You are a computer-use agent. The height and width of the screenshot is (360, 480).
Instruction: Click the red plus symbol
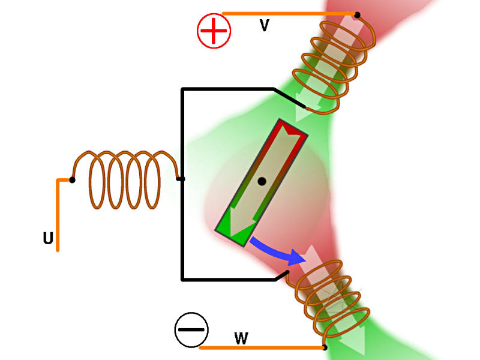coord(214,31)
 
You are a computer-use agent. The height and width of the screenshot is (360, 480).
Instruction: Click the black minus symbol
coord(191,329)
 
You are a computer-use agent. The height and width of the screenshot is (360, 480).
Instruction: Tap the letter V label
coord(264,25)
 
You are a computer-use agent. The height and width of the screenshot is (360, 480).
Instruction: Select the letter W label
coord(241,338)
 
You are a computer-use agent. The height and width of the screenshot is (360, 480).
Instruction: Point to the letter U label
coord(48,238)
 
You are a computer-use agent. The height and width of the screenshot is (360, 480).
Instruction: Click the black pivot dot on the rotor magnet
coord(262,182)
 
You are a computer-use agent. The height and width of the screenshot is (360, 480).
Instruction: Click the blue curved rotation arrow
coord(277,250)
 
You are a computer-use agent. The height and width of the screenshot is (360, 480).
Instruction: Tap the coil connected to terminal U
coord(125,179)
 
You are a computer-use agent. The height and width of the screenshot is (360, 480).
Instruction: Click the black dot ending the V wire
coord(357,14)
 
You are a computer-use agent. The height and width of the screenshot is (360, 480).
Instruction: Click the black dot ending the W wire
coord(325,347)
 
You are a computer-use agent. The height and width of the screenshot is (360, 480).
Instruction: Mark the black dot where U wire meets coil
coord(72,180)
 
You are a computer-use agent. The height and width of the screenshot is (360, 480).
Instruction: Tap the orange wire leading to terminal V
coord(289,13)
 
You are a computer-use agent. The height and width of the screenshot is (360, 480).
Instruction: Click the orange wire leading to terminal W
coord(262,347)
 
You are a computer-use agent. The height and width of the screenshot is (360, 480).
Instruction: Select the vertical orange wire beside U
coord(58,215)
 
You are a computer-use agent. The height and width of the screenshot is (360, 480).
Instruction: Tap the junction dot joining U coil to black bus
coord(181,179)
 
